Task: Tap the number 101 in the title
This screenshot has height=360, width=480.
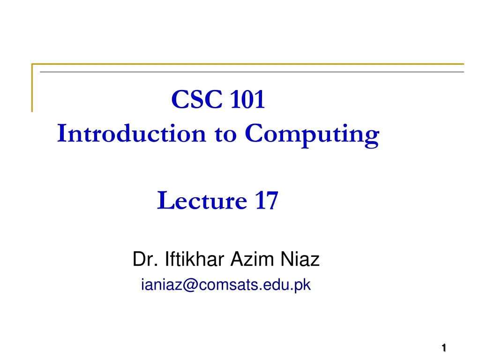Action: tap(247, 99)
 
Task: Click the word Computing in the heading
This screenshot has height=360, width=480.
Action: tap(312, 135)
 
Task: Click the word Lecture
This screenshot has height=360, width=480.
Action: tap(202, 201)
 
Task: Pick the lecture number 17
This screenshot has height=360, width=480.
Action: tap(266, 201)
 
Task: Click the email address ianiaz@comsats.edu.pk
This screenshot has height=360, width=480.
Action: tap(226, 284)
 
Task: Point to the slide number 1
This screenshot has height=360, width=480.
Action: tap(443, 347)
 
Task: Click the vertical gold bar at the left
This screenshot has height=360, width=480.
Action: tap(32, 88)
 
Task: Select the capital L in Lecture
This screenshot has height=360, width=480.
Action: tap(164, 201)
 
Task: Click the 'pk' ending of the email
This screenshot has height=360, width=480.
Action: tap(304, 285)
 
